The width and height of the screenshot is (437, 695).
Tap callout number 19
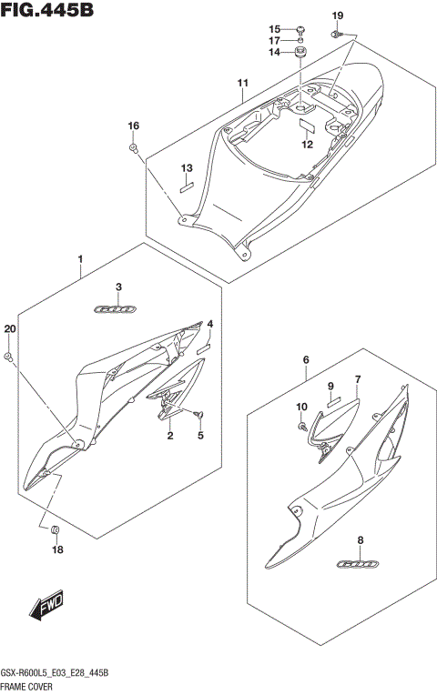[338, 16]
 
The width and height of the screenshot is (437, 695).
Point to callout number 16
[133, 126]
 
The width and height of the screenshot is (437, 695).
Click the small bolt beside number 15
[300, 29]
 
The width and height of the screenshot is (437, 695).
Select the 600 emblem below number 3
[117, 309]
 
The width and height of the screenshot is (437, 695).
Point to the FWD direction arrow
[46, 610]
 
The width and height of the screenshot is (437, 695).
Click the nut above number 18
[56, 529]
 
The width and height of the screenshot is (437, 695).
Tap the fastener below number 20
[9, 356]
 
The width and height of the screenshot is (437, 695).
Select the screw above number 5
[199, 415]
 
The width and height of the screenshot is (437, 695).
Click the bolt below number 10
[301, 425]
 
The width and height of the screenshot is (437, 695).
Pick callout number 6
[307, 360]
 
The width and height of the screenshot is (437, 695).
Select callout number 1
[80, 260]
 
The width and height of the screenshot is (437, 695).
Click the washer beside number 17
[300, 41]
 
